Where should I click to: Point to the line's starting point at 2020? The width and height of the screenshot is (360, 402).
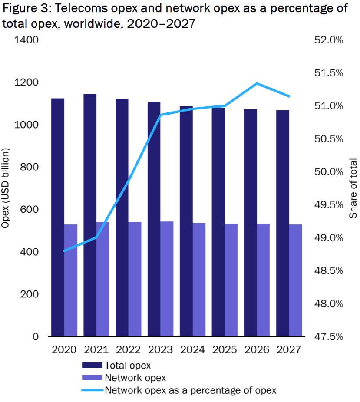click(x=64, y=251)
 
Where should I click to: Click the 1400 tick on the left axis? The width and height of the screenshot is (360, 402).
click(x=27, y=40)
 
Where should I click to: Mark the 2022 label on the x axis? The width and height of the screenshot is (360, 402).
click(x=129, y=349)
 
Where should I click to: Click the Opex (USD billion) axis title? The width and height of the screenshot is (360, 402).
click(x=6, y=188)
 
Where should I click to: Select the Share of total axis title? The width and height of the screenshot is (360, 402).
click(x=353, y=188)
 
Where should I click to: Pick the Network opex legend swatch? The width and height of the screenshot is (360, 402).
click(x=92, y=378)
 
